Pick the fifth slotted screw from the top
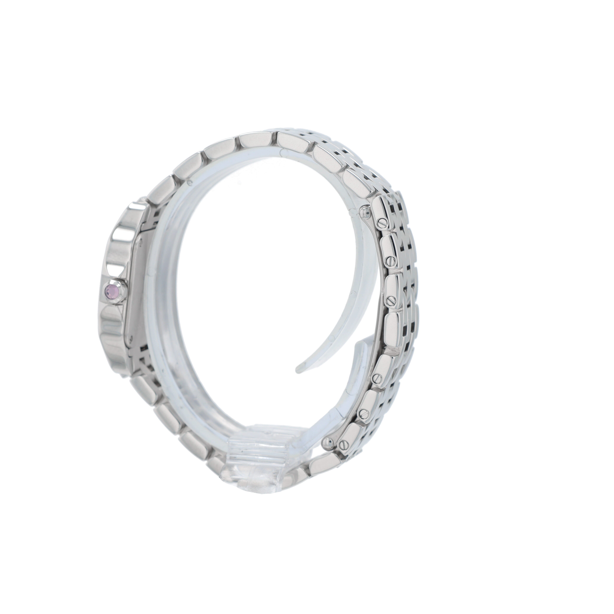[363, 413]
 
